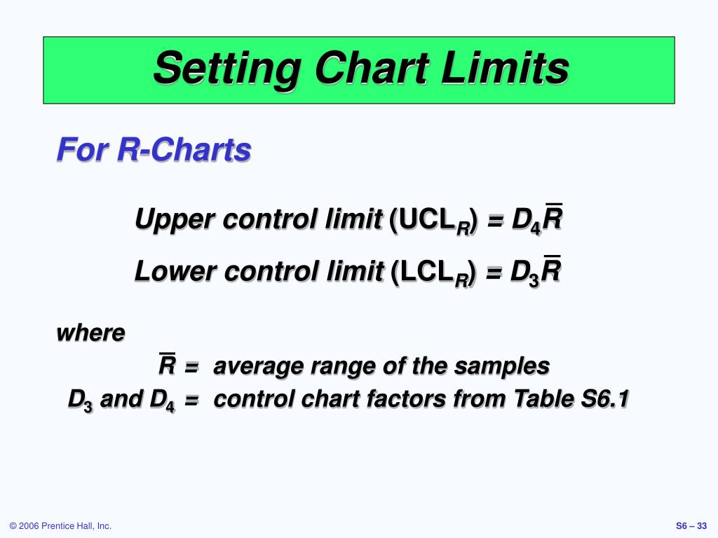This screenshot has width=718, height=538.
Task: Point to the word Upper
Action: (x=175, y=220)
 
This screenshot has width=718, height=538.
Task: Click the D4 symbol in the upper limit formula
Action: (x=526, y=221)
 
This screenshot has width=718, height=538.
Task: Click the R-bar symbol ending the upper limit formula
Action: (x=553, y=219)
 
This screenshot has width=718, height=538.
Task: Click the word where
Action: (x=90, y=333)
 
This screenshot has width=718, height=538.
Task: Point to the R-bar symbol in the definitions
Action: (x=167, y=365)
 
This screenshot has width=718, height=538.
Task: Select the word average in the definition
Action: (x=255, y=366)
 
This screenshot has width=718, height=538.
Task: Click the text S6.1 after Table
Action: (x=605, y=399)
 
